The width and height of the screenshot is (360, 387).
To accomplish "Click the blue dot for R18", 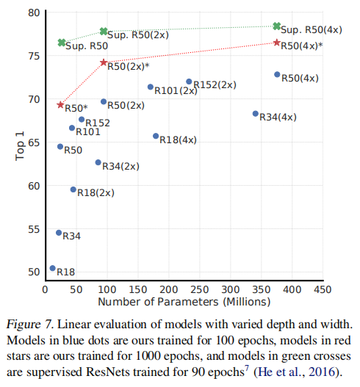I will point(52,269).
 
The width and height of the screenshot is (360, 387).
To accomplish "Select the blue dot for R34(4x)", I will point(256,114).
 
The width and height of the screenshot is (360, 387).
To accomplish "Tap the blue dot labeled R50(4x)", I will point(277,75).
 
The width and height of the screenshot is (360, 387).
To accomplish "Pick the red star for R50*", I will point(60,105).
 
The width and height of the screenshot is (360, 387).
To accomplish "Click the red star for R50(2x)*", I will point(104,63).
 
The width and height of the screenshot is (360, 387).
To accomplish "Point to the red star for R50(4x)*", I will point(276,43).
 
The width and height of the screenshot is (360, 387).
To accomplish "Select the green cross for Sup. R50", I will point(62,43).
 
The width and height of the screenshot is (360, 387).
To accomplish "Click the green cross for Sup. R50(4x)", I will point(276,26).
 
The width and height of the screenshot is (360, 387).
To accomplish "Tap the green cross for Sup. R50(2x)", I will point(104,32).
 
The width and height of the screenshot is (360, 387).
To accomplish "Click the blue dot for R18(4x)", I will point(156,136).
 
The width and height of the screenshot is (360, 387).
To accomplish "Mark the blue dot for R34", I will point(59,233).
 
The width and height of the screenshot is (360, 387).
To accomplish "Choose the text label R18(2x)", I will point(96,192).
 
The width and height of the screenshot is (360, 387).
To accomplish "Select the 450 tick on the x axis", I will point(322,289).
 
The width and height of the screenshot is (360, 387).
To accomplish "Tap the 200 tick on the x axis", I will point(168,289).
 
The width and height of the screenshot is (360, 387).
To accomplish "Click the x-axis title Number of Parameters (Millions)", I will point(184,302).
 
